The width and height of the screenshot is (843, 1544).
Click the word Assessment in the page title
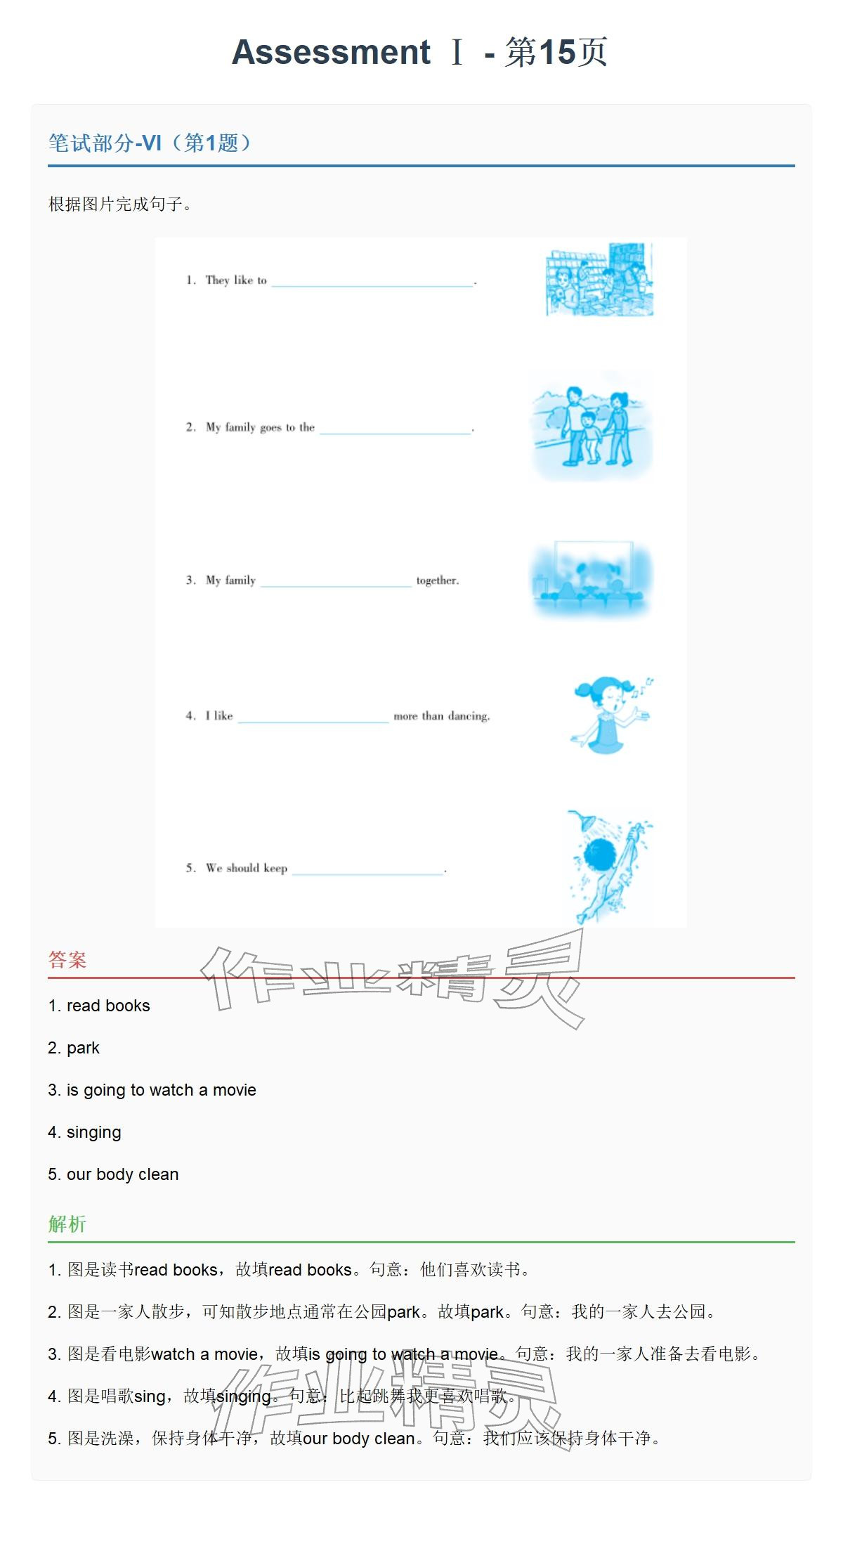[331, 53]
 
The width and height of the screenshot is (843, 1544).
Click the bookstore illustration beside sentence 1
[600, 280]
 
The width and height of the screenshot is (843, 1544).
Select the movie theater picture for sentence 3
[592, 580]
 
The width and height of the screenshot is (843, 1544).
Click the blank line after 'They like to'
[372, 286]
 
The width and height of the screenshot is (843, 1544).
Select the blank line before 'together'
[336, 585]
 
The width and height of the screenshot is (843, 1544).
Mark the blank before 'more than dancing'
[313, 722]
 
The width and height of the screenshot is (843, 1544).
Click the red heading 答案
[67, 960]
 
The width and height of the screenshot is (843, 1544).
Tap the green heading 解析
[67, 1224]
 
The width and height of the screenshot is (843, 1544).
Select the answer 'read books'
[108, 1006]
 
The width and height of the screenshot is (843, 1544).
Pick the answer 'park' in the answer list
[83, 1049]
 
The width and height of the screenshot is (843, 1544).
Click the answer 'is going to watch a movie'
[162, 1090]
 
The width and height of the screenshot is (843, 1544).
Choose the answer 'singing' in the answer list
[94, 1133]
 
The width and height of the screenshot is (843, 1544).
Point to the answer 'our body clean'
[123, 1174]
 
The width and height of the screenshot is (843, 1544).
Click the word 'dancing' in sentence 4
[468, 716]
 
